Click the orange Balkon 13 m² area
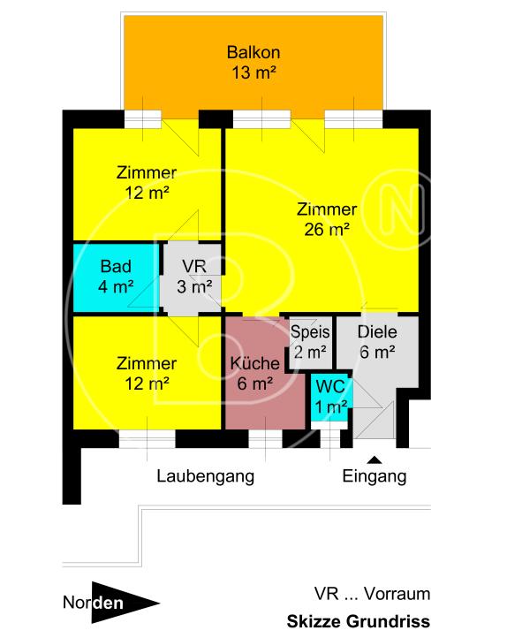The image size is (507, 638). [x=252, y=62]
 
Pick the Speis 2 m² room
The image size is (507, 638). [x=310, y=342]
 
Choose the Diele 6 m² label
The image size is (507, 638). [x=376, y=342]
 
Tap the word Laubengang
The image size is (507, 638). [x=206, y=476]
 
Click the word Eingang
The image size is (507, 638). [x=375, y=476]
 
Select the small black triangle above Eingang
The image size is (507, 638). [x=375, y=459]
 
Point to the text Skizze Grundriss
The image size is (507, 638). [x=358, y=620]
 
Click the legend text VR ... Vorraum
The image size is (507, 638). [x=372, y=594]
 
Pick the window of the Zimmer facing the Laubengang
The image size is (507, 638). [x=146, y=437]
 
